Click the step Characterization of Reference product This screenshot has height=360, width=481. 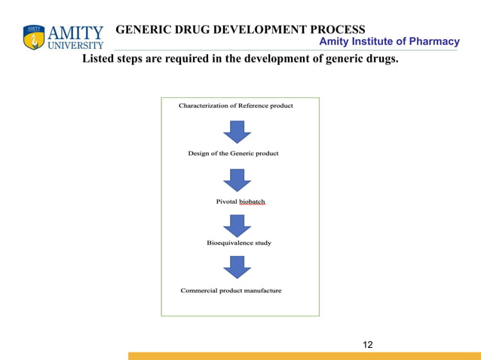(x=235, y=105)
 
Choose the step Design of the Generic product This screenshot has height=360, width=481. (x=233, y=154)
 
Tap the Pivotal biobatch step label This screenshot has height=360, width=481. (x=240, y=202)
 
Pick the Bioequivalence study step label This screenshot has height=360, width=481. (x=239, y=243)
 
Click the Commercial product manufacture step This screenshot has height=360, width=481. (x=231, y=291)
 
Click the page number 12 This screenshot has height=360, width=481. (x=367, y=345)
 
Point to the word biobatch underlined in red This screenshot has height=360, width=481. (x=253, y=202)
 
